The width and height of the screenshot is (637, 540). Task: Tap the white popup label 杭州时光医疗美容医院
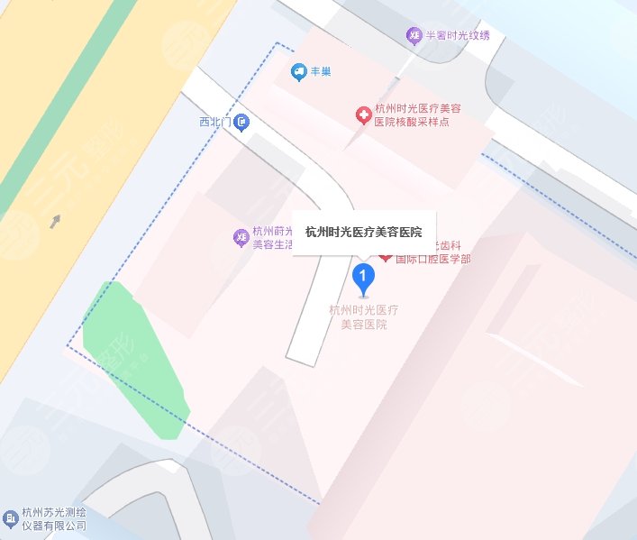(x=364, y=233)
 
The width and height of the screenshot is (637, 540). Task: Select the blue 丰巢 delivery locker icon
(x=298, y=72)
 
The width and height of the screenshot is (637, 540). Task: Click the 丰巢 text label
(x=321, y=72)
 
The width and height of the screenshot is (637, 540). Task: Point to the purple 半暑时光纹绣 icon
(x=414, y=35)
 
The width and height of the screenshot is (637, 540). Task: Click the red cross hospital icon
(x=362, y=114)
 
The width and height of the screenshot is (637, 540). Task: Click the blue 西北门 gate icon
(x=241, y=122)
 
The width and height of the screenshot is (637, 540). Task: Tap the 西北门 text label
(x=215, y=122)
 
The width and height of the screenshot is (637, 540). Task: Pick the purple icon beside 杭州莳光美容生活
(x=241, y=237)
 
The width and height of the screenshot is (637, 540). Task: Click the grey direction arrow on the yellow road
(x=57, y=220)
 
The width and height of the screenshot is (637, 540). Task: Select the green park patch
(x=135, y=356)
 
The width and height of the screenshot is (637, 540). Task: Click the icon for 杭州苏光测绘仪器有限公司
(x=10, y=517)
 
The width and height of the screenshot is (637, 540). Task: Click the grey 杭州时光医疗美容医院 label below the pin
(x=364, y=316)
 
